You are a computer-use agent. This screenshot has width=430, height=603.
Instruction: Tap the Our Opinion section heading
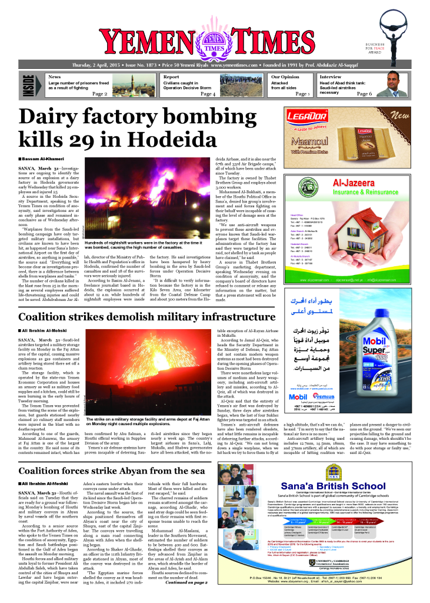point(285,77)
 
